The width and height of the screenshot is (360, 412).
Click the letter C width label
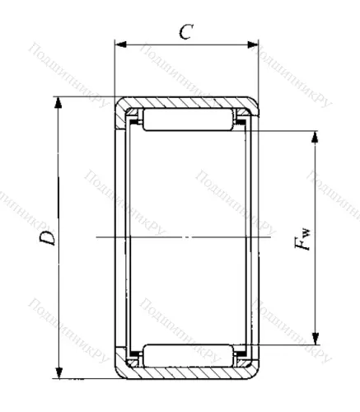pos(186,31)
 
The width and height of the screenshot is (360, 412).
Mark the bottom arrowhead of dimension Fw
pos(316,338)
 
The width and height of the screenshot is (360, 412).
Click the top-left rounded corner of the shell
pos(119,103)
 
